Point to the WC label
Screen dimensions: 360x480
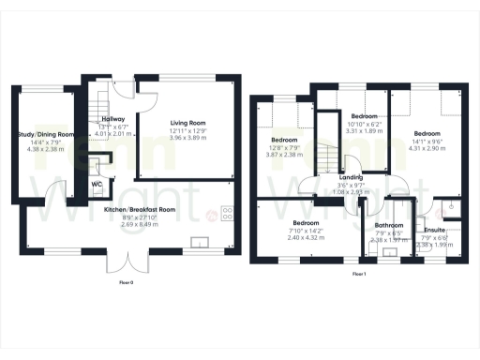(97, 185)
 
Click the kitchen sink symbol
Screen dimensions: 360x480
(199, 244)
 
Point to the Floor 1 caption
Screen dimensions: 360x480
(360, 275)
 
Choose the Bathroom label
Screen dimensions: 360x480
(388, 226)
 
